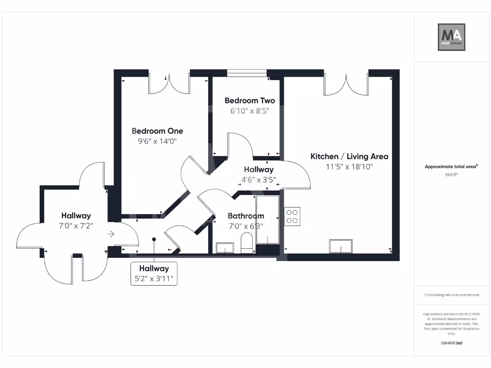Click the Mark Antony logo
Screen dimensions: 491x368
(x=451, y=37)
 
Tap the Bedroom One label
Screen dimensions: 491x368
(x=157, y=131)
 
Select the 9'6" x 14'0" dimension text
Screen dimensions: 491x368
(x=157, y=141)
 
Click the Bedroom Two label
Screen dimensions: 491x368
(x=249, y=101)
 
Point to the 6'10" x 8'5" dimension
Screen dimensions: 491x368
(x=249, y=111)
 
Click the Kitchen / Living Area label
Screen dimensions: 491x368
(x=349, y=157)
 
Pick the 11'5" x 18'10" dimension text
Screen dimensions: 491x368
(x=349, y=167)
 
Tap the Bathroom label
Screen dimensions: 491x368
(x=246, y=216)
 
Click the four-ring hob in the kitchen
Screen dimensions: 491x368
(x=292, y=216)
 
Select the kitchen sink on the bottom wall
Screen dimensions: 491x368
(x=341, y=246)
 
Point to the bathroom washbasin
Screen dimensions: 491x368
(x=225, y=248)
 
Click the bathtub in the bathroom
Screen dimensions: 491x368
(x=268, y=219)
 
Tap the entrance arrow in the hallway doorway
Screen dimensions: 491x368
(x=111, y=234)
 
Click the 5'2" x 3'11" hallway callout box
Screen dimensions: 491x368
(x=154, y=274)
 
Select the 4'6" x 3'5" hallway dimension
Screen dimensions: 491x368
(x=258, y=180)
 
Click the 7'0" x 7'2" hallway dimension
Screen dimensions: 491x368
(x=76, y=226)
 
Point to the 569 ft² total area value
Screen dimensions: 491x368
(x=451, y=174)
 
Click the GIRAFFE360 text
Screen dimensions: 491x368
(x=451, y=343)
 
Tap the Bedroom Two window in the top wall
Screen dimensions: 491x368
(x=247, y=73)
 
